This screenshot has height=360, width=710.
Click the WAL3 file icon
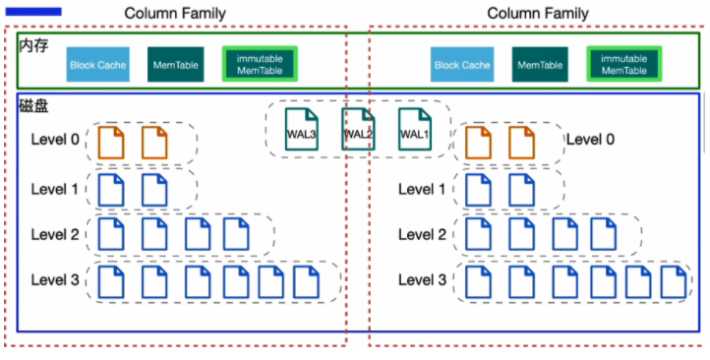click(302, 129)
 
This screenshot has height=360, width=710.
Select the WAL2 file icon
click(358, 129)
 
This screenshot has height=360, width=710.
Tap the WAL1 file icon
click(415, 129)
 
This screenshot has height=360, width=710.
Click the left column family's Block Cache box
click(97, 64)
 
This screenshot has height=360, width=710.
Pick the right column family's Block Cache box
click(462, 64)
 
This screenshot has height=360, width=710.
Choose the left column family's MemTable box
click(176, 64)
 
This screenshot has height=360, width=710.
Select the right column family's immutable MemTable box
click(624, 64)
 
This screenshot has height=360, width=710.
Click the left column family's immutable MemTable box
click(260, 64)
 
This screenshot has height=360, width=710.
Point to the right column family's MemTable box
click(540, 64)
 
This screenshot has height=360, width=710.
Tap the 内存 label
click(33, 45)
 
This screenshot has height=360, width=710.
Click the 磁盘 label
click(33, 106)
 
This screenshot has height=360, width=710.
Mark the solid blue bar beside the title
click(33, 12)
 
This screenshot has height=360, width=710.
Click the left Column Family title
click(175, 13)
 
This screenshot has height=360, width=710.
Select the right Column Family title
click(538, 13)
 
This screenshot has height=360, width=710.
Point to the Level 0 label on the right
click(590, 140)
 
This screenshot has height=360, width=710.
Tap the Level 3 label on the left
click(55, 280)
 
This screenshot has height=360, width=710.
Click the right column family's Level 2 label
click(422, 234)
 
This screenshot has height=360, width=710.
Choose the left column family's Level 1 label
click(55, 189)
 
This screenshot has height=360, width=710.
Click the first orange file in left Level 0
click(111, 143)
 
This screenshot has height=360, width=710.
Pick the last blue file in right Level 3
click(674, 282)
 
